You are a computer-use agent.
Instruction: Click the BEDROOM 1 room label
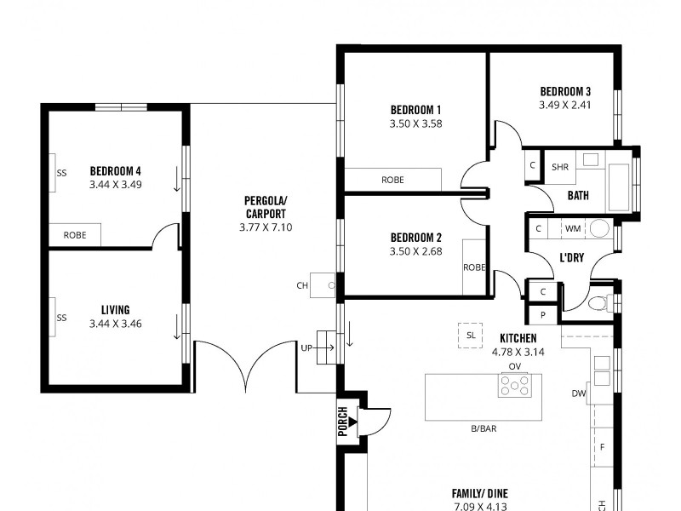415,110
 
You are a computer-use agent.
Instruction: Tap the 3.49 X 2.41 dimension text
564,106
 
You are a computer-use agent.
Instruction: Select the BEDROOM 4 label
115,170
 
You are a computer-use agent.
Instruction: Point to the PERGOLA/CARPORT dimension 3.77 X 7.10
266,227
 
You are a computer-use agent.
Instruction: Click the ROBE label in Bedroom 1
392,180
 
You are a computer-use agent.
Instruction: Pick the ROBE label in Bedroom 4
74,235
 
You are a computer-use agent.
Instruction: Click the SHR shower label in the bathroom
560,167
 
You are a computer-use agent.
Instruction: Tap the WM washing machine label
572,229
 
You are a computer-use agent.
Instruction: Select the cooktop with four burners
515,386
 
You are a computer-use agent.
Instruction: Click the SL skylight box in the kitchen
471,334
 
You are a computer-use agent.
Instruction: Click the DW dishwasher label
579,393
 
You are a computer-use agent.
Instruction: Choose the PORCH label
343,422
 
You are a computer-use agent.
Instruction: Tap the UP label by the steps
306,347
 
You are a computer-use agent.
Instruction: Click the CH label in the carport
302,286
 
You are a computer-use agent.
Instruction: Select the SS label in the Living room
61,318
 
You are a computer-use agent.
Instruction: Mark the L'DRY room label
571,257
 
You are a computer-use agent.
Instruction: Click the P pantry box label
543,315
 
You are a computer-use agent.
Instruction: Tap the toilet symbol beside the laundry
598,301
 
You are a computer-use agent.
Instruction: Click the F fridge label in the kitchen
603,446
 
